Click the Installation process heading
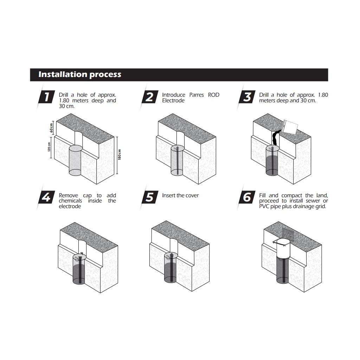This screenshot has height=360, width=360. pyautogui.click(x=80, y=75)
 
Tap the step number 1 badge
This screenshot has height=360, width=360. pyautogui.click(x=47, y=97)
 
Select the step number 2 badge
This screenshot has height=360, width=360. pyautogui.click(x=150, y=97)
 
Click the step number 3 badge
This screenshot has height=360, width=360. pyautogui.click(x=247, y=97)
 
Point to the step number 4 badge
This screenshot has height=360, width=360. pyautogui.click(x=47, y=197)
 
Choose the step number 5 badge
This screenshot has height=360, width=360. pyautogui.click(x=150, y=197)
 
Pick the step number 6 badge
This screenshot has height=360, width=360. pyautogui.click(x=247, y=197)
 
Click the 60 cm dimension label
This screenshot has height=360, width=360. pyautogui.click(x=51, y=128)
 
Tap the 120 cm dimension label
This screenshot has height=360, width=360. pyautogui.click(x=49, y=147)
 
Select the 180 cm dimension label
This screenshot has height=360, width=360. pyautogui.click(x=119, y=155)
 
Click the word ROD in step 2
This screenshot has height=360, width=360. pyautogui.click(x=213, y=95)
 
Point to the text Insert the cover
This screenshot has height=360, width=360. pyautogui.click(x=180, y=195)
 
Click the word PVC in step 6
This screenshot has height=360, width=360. pyautogui.click(x=264, y=206)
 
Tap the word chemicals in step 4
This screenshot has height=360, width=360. pyautogui.click(x=70, y=201)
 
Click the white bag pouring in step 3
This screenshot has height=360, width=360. pyautogui.click(x=290, y=127)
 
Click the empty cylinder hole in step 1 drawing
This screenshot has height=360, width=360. pyautogui.click(x=76, y=160)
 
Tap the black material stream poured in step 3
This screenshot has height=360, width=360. pyautogui.click(x=275, y=138)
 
